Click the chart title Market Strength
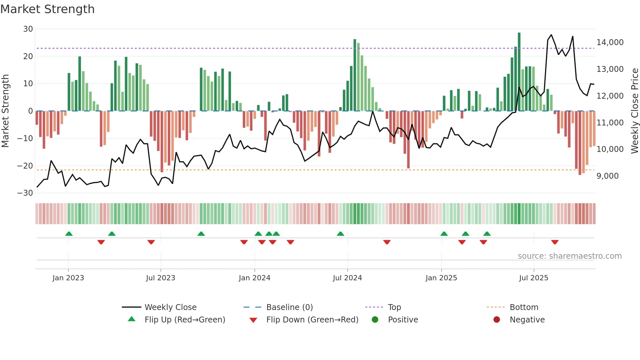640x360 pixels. (47, 9)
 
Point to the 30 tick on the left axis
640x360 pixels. (28, 29)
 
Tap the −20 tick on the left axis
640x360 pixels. (25, 166)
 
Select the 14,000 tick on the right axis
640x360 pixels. (610, 42)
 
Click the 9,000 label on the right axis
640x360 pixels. (607, 176)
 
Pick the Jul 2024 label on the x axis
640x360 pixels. (347, 278)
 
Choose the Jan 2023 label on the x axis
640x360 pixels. (68, 278)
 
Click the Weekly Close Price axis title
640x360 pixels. (634, 111)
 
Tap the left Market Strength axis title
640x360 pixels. (5, 111)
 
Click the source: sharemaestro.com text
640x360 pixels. (569, 256)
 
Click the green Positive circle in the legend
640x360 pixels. (375, 320)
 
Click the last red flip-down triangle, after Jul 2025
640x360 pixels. (555, 242)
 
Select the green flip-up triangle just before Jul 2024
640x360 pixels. (340, 234)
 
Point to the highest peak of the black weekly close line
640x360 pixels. (551, 35)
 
